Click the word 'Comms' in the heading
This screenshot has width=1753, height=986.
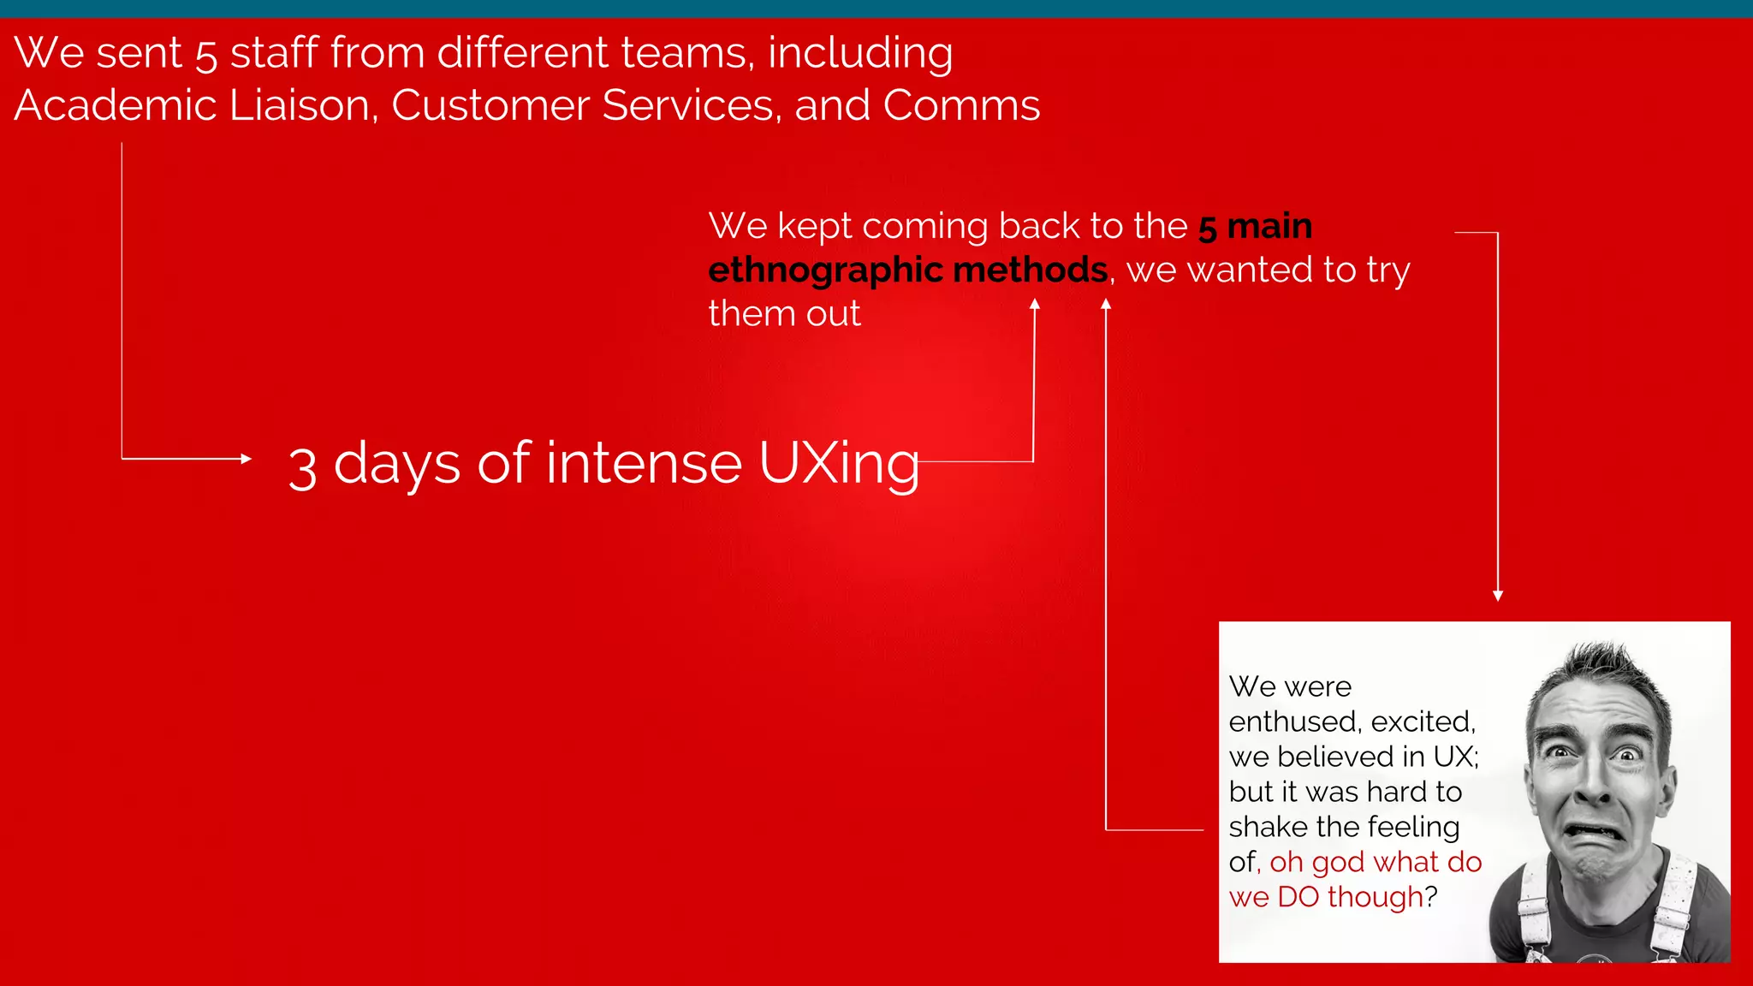coord(961,105)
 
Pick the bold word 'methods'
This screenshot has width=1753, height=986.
coord(1031,270)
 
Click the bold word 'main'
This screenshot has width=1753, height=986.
coord(1269,226)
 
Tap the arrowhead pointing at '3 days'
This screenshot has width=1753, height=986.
coord(247,459)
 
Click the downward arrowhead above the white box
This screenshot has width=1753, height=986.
coord(1498,596)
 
